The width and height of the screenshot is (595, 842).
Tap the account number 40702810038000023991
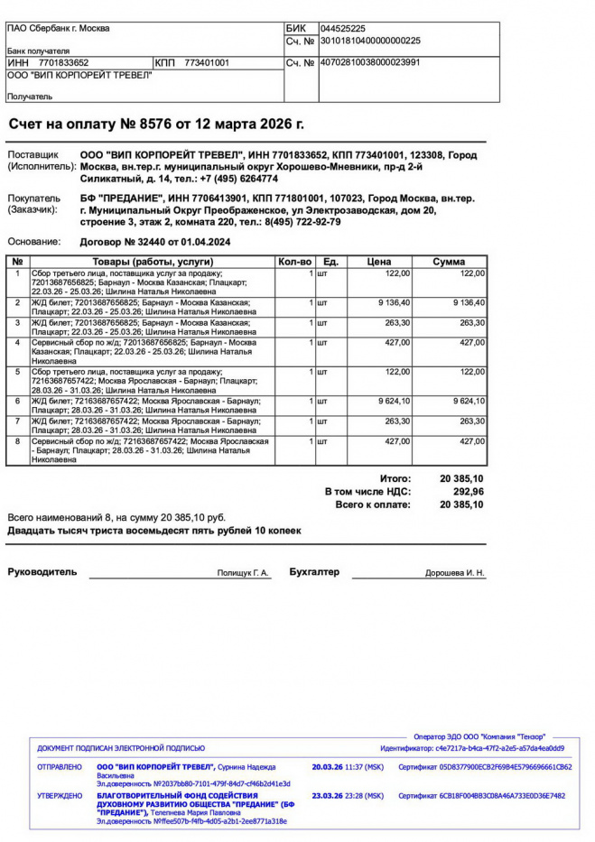point(369,62)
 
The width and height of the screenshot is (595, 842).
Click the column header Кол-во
point(294,262)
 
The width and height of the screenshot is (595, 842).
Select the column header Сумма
point(449,262)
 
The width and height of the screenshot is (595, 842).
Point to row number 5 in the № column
point(17,371)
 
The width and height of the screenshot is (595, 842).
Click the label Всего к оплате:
point(373,504)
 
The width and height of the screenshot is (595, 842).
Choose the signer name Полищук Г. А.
point(243,573)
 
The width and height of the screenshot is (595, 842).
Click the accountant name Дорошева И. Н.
point(455,573)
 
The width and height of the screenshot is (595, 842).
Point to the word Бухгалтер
point(314,572)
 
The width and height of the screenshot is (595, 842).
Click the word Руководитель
point(42,572)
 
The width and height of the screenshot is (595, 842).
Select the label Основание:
point(34,242)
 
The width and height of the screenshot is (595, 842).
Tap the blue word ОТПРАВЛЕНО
point(60,767)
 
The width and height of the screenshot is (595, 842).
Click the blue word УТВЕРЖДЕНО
point(60,796)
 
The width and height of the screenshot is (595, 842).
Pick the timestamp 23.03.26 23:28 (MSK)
point(348,796)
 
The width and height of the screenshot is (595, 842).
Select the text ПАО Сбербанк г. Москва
point(58,29)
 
